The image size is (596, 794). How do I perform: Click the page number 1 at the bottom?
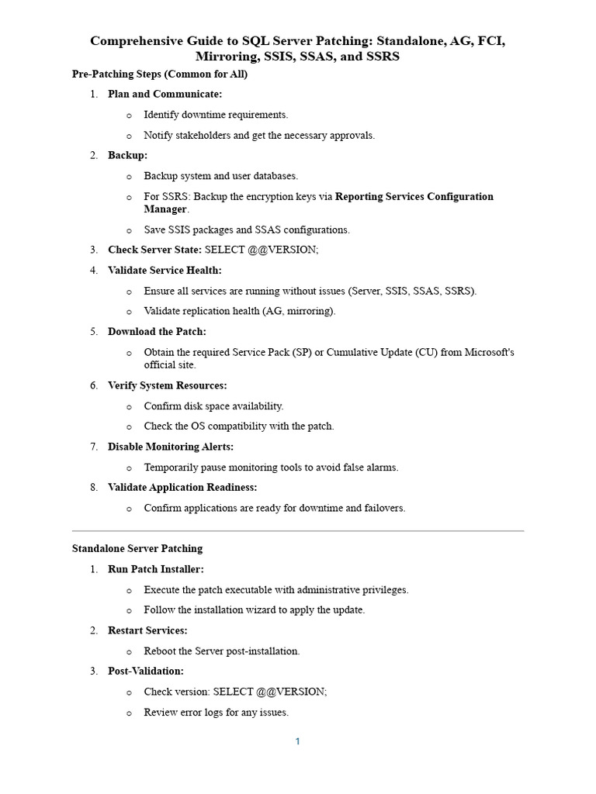pyautogui.click(x=297, y=741)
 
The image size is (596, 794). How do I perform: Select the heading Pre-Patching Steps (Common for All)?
pyautogui.click(x=160, y=74)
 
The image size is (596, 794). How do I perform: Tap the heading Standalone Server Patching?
pyautogui.click(x=137, y=548)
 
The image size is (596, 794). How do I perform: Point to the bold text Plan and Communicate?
pyautogui.click(x=165, y=94)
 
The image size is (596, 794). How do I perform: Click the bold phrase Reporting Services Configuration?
pyautogui.click(x=414, y=196)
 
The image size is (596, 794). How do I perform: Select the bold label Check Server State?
pyautogui.click(x=154, y=250)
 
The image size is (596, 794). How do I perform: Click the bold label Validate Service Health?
pyautogui.click(x=165, y=270)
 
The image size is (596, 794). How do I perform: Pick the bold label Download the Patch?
pyautogui.click(x=157, y=332)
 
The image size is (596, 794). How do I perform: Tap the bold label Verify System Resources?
pyautogui.click(x=168, y=385)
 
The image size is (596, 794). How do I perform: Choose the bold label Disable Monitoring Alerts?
pyautogui.click(x=171, y=447)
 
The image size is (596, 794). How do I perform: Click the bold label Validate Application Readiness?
pyautogui.click(x=182, y=487)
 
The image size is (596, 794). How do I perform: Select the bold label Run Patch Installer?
pyautogui.click(x=156, y=569)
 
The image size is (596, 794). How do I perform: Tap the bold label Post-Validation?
pyautogui.click(x=146, y=671)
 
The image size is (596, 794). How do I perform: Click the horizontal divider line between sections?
pyautogui.click(x=298, y=531)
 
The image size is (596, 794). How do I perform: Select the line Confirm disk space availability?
pyautogui.click(x=214, y=406)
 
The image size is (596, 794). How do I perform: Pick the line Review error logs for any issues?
pyautogui.click(x=217, y=712)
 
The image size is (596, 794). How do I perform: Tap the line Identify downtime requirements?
pyautogui.click(x=216, y=115)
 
